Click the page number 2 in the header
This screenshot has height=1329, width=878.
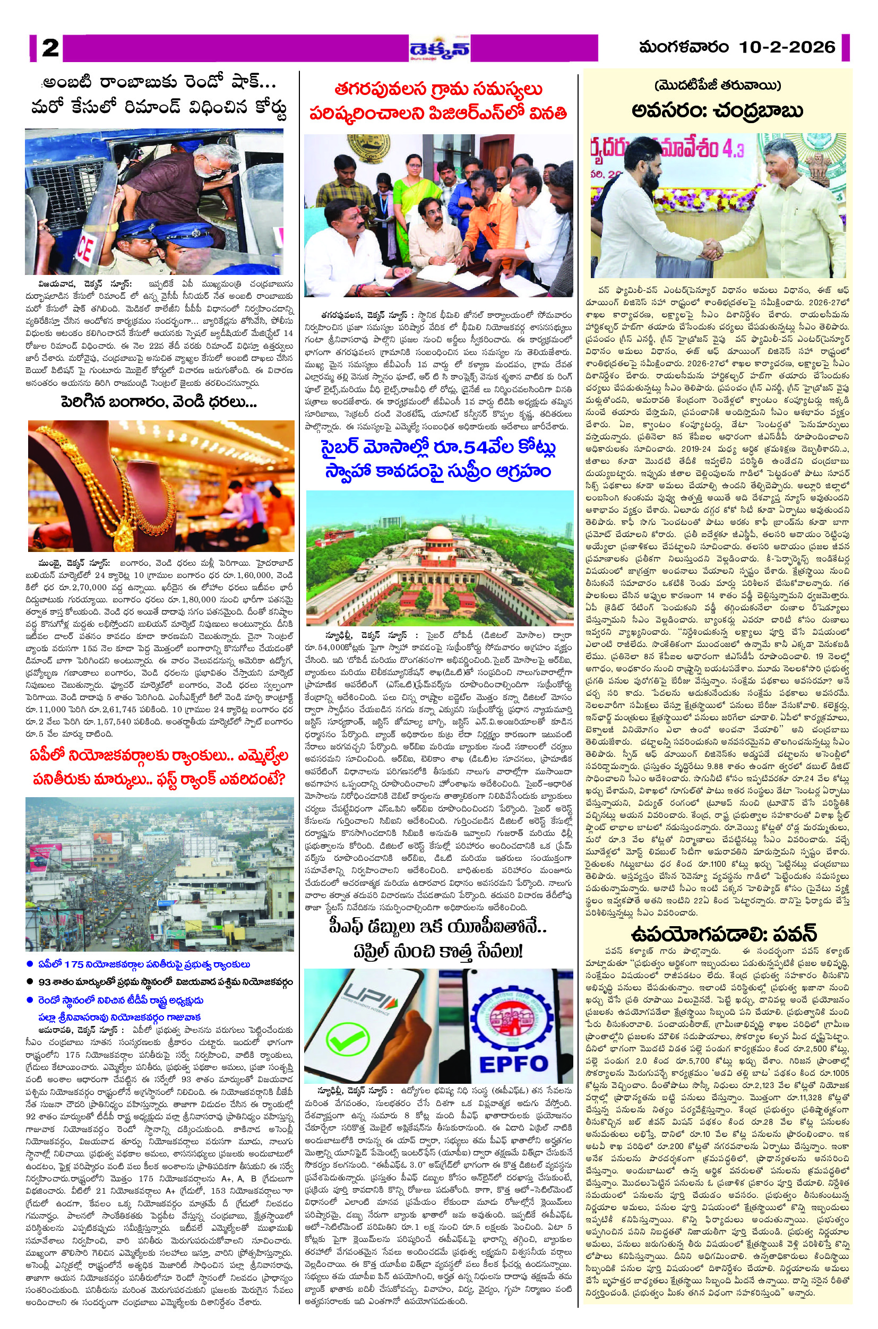(50, 48)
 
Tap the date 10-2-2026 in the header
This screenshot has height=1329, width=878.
(787, 47)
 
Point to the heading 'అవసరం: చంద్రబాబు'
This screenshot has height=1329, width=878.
(717, 110)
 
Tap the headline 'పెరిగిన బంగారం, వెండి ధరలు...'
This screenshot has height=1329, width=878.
(159, 402)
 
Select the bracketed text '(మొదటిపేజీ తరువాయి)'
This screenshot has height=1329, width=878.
(717, 85)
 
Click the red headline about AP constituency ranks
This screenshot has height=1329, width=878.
(159, 766)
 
